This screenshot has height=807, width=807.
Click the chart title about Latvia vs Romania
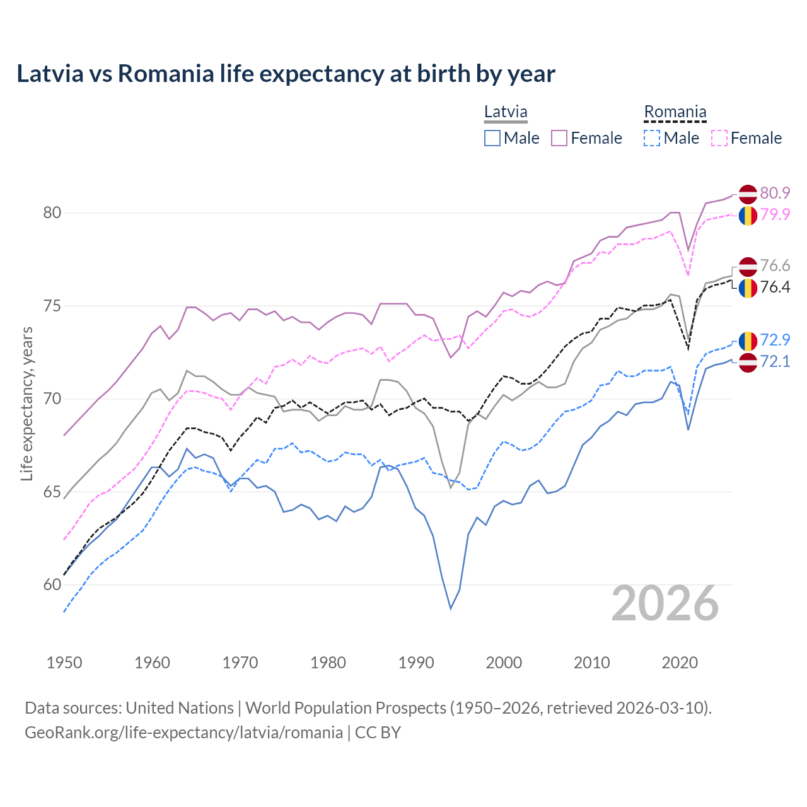click(286, 74)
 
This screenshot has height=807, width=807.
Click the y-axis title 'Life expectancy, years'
click(26, 403)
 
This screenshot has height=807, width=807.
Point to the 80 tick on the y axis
click(52, 213)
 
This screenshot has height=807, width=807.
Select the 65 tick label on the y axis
click(52, 492)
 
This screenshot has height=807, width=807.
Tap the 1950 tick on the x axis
click(64, 663)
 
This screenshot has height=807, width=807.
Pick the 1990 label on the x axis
click(416, 663)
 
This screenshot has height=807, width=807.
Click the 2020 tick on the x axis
click(680, 663)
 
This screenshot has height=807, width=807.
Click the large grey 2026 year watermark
click(665, 603)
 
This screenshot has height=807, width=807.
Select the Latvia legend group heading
click(506, 112)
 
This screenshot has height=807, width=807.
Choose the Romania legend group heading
click(675, 112)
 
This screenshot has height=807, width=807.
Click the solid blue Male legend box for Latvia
click(492, 138)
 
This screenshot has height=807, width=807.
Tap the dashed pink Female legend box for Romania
click(719, 138)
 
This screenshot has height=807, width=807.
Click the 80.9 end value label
click(775, 193)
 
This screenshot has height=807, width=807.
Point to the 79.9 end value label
click(775, 214)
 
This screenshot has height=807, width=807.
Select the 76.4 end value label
click(775, 287)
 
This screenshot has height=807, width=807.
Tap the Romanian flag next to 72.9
click(748, 341)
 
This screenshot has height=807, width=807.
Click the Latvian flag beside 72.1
click(748, 363)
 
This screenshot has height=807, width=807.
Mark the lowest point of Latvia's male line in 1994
click(451, 608)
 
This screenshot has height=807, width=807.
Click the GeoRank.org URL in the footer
click(183, 733)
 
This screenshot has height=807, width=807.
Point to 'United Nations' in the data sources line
click(180, 708)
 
